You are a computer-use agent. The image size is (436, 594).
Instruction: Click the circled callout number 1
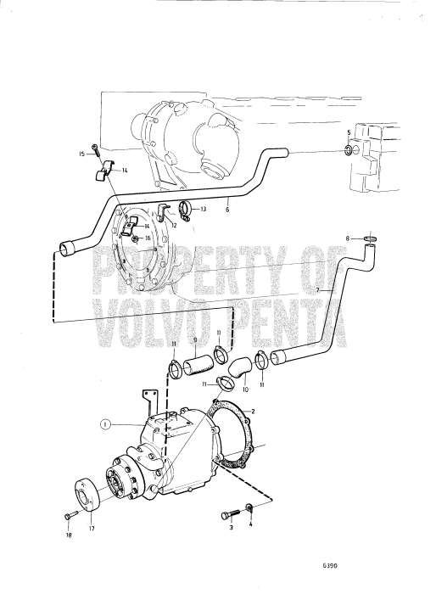[x=106, y=424]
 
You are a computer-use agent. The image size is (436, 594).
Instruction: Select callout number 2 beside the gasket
[x=253, y=411]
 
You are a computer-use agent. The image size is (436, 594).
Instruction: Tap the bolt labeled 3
[x=231, y=515]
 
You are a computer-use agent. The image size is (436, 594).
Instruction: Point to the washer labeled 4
[x=249, y=507]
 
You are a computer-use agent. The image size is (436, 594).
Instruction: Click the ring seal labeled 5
[x=349, y=150]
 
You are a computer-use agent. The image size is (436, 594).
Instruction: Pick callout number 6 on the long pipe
[x=227, y=209]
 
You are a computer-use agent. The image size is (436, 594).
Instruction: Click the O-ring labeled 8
[x=371, y=238]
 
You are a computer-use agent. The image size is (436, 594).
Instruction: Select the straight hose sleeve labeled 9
[x=198, y=365]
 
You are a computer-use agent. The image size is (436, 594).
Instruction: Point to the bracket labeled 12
[x=162, y=211]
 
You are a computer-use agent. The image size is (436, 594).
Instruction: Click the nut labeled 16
[x=136, y=238]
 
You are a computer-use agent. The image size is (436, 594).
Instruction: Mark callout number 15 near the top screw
[x=81, y=154]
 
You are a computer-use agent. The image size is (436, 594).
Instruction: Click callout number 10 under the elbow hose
[x=245, y=389]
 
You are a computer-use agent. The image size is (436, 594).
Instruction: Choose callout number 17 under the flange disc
[x=92, y=529]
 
